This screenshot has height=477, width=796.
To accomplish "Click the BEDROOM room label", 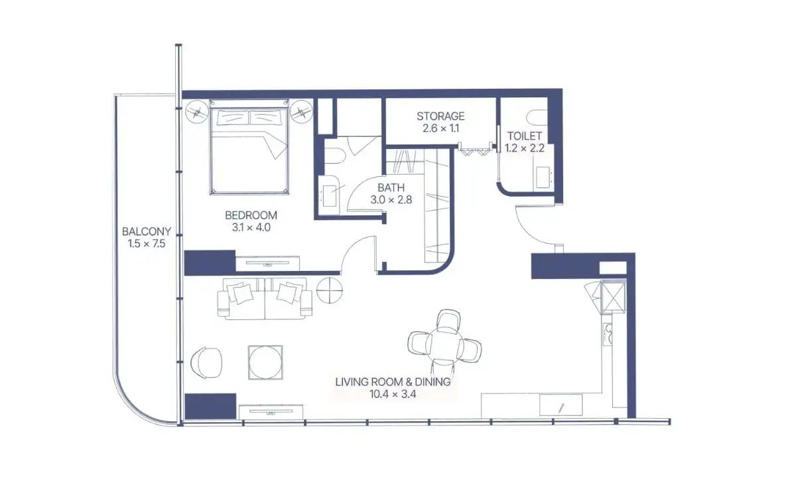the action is (x=251, y=215).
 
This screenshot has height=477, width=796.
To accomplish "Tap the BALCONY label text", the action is (x=147, y=232).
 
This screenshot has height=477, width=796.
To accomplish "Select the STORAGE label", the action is (x=440, y=116).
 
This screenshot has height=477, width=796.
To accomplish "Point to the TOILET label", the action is (x=525, y=136).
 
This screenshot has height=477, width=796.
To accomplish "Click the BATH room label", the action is (x=391, y=187).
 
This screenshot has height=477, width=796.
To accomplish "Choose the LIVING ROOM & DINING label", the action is (x=393, y=382).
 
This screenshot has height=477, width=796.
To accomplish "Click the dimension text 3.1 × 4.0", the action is (x=251, y=227).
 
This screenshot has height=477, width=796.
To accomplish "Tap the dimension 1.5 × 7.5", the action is (x=147, y=244).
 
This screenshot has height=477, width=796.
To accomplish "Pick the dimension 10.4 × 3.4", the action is (x=393, y=394).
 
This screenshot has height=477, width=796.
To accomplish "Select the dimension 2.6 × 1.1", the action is (x=440, y=129).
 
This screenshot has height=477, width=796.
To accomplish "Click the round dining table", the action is (x=444, y=344).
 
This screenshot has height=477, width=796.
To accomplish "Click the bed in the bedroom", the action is (x=249, y=147).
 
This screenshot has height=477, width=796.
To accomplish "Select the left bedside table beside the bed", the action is (x=196, y=112).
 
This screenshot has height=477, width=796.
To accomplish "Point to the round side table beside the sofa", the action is (x=330, y=290).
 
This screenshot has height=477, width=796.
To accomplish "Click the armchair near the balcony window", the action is (x=206, y=363).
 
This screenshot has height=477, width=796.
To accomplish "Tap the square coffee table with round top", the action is (x=265, y=363).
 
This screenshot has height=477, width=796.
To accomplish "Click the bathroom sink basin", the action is (x=331, y=195).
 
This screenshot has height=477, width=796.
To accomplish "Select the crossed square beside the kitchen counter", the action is (x=613, y=297).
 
